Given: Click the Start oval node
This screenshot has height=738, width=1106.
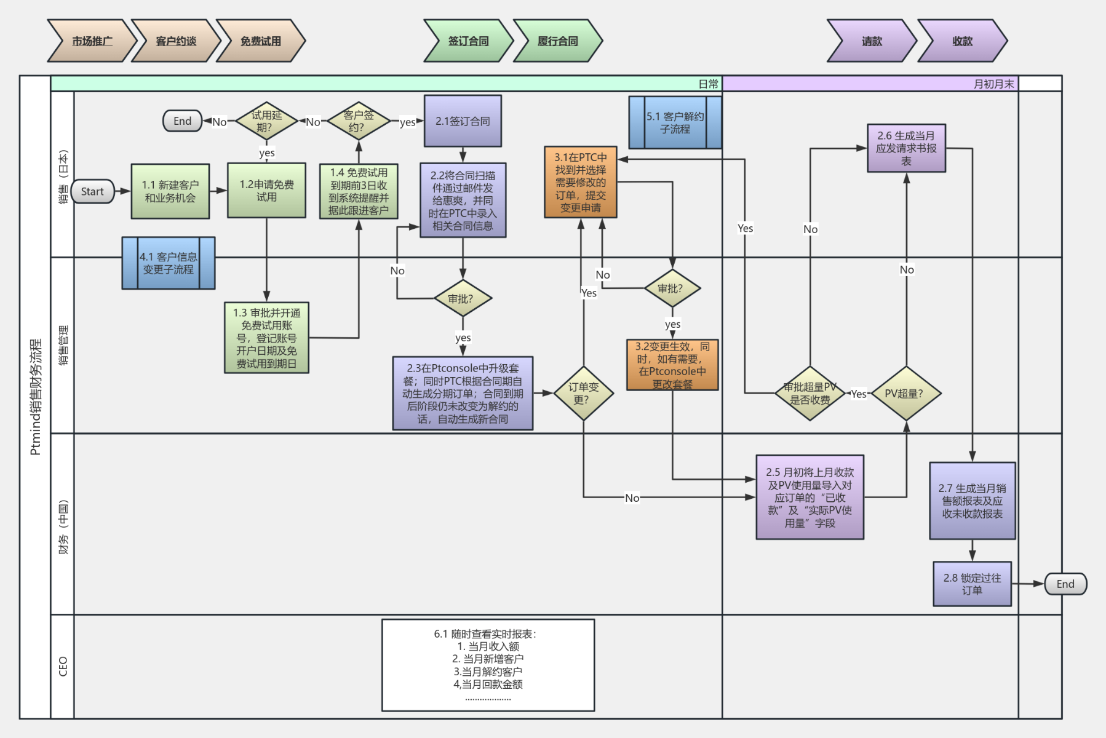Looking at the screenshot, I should coord(92,191).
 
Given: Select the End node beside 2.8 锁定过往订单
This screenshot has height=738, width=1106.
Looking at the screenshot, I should coord(1065,584).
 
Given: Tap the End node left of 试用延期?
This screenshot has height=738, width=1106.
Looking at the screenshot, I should coord(182,121).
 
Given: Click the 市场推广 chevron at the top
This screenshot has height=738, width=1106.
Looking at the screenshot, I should coord(92,41).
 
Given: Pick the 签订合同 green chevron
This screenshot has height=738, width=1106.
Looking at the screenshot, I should coord(468,41).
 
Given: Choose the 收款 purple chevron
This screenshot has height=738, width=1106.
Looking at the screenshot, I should coord(962,41).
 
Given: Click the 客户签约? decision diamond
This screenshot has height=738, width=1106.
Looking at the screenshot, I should coord(358,121).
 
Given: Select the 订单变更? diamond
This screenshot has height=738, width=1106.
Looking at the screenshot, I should coord(583,393).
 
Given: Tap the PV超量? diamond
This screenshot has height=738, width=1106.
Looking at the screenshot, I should coord(905,394).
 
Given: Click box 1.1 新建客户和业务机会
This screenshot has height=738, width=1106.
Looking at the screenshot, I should coord(170,191).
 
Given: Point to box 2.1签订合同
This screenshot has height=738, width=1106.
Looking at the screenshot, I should coord(463,121).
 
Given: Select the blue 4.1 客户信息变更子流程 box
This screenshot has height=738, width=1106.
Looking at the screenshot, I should coord(168,263).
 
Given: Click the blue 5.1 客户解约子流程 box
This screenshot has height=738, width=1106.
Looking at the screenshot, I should coord(675,122).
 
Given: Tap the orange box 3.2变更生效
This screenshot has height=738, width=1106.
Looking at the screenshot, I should coord(672,365).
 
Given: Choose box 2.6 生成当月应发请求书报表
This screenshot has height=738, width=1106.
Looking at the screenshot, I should coord(906,148).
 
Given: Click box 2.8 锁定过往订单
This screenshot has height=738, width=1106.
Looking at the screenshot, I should coord(972,584).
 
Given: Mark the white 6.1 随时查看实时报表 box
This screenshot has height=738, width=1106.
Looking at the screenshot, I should coord(488,665).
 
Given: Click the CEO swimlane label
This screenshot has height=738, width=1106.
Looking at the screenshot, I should coord(63,666).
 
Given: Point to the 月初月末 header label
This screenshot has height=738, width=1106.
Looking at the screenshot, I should coord(993,84).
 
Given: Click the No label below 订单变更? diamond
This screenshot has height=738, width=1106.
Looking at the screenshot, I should coord(632,498).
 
